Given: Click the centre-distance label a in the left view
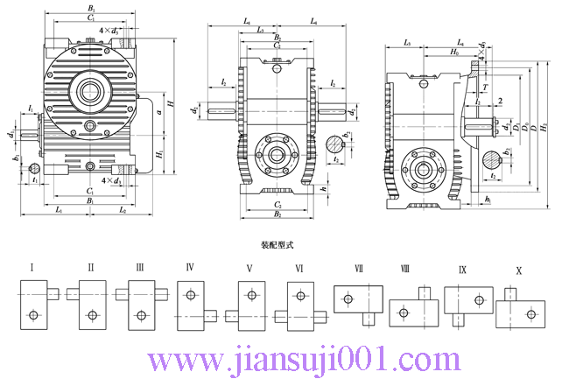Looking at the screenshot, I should coord(158,112).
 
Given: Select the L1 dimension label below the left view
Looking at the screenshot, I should coord(58,211).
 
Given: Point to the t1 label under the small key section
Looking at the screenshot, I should coord(34,179).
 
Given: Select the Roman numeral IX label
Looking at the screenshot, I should coord(462,270).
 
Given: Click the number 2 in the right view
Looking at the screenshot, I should coord(499,102).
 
